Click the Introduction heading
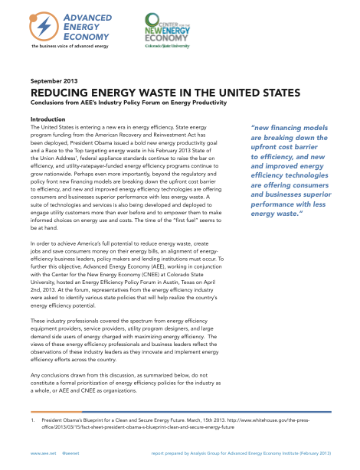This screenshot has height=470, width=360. coord(47,119)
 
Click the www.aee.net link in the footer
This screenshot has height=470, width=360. coord(41,453)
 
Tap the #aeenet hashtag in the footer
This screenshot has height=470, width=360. coord(71,453)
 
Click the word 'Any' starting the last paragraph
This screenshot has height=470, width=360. coord(35,375)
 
